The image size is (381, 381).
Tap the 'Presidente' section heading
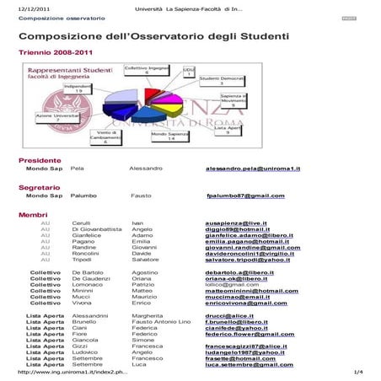[x=40, y=160]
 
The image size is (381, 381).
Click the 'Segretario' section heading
[x=40, y=187]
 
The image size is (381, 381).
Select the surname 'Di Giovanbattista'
[x=97, y=229]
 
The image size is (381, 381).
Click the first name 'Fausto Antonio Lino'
[x=161, y=322]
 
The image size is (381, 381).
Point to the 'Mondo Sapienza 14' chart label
[x=169, y=136]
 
